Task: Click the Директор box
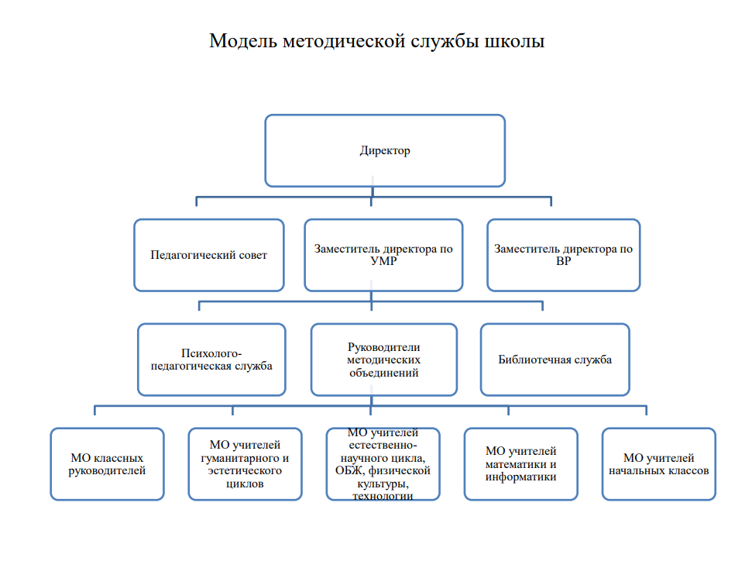(x=385, y=150)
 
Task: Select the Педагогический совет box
(x=208, y=255)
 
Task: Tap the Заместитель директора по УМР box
(x=383, y=255)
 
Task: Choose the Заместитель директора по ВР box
(x=564, y=255)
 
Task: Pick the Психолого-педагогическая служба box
(x=211, y=360)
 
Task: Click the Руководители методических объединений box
(x=383, y=360)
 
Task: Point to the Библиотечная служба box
(x=555, y=360)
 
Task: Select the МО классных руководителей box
(x=107, y=464)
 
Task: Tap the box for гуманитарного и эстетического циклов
(x=245, y=464)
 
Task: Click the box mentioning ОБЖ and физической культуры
(x=383, y=464)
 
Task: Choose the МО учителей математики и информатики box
(x=521, y=464)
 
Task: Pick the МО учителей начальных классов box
(x=659, y=464)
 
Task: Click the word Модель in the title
(x=243, y=41)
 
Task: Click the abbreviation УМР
(x=383, y=261)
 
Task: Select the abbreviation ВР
(x=564, y=261)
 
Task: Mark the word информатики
(x=521, y=477)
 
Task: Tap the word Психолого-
(x=211, y=353)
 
